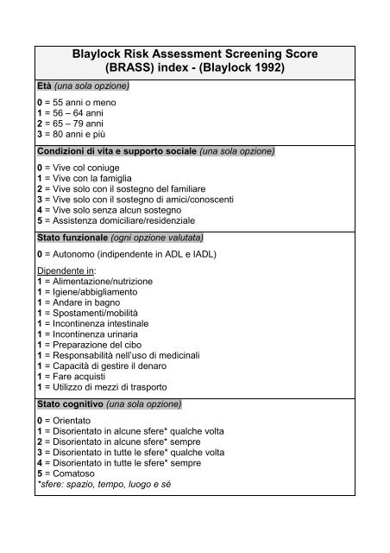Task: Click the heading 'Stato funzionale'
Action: click(x=71, y=236)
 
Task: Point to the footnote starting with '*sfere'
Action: click(x=104, y=484)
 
